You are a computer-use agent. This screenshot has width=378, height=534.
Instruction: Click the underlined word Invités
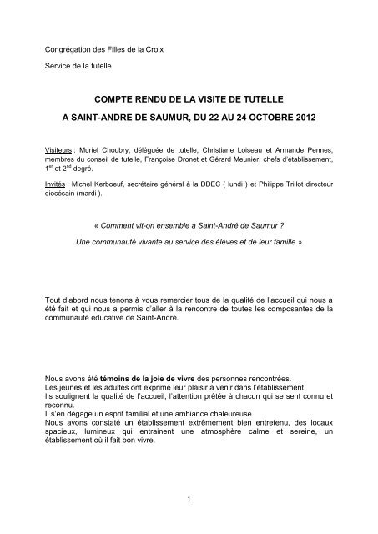58,178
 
